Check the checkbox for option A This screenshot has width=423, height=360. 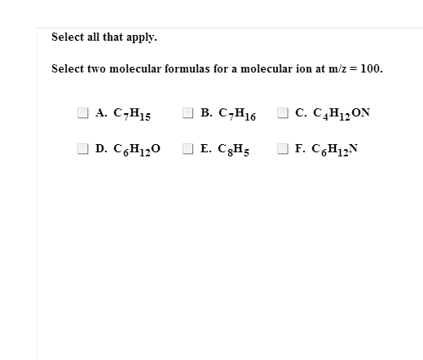click(x=83, y=113)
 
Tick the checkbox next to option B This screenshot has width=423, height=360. click(x=187, y=113)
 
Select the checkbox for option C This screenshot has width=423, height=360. click(x=284, y=113)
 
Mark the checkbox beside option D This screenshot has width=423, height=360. click(x=83, y=149)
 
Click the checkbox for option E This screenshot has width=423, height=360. click(x=187, y=149)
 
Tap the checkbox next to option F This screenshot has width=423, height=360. click(x=284, y=149)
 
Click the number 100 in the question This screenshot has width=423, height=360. click(x=371, y=68)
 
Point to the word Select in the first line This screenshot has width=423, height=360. click(x=67, y=37)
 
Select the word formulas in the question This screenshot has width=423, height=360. click(x=183, y=68)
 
